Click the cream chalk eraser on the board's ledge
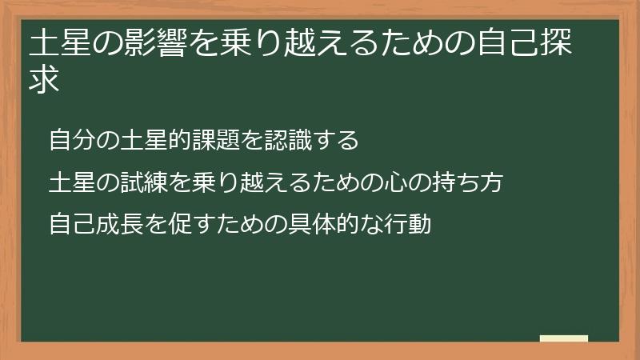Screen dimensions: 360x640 564,339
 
